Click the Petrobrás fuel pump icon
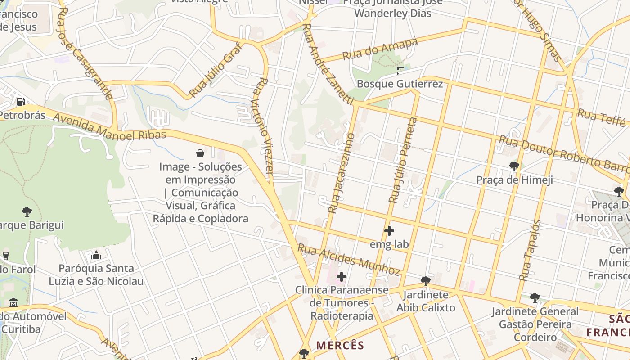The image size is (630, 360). point(21,102)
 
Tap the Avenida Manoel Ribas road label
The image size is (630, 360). point(110,127)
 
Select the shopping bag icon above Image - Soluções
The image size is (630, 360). point(200,153)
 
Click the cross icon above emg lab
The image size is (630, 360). point(389,231)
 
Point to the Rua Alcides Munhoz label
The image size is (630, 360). point(349,260)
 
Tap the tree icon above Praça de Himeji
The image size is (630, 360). point(514,166)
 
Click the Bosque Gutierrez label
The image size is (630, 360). point(400,84)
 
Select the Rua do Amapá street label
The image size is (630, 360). point(380,49)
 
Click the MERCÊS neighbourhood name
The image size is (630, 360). point(340,345)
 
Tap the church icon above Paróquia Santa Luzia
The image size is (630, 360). point(96,256)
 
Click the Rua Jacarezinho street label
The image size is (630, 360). point(342,173)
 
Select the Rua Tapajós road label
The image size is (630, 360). point(530,250)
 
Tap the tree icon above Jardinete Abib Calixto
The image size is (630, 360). point(425,281)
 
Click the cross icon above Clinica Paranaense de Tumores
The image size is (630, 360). point(342,276)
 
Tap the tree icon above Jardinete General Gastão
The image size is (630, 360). point(535,297)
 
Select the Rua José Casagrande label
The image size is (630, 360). point(85,53)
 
